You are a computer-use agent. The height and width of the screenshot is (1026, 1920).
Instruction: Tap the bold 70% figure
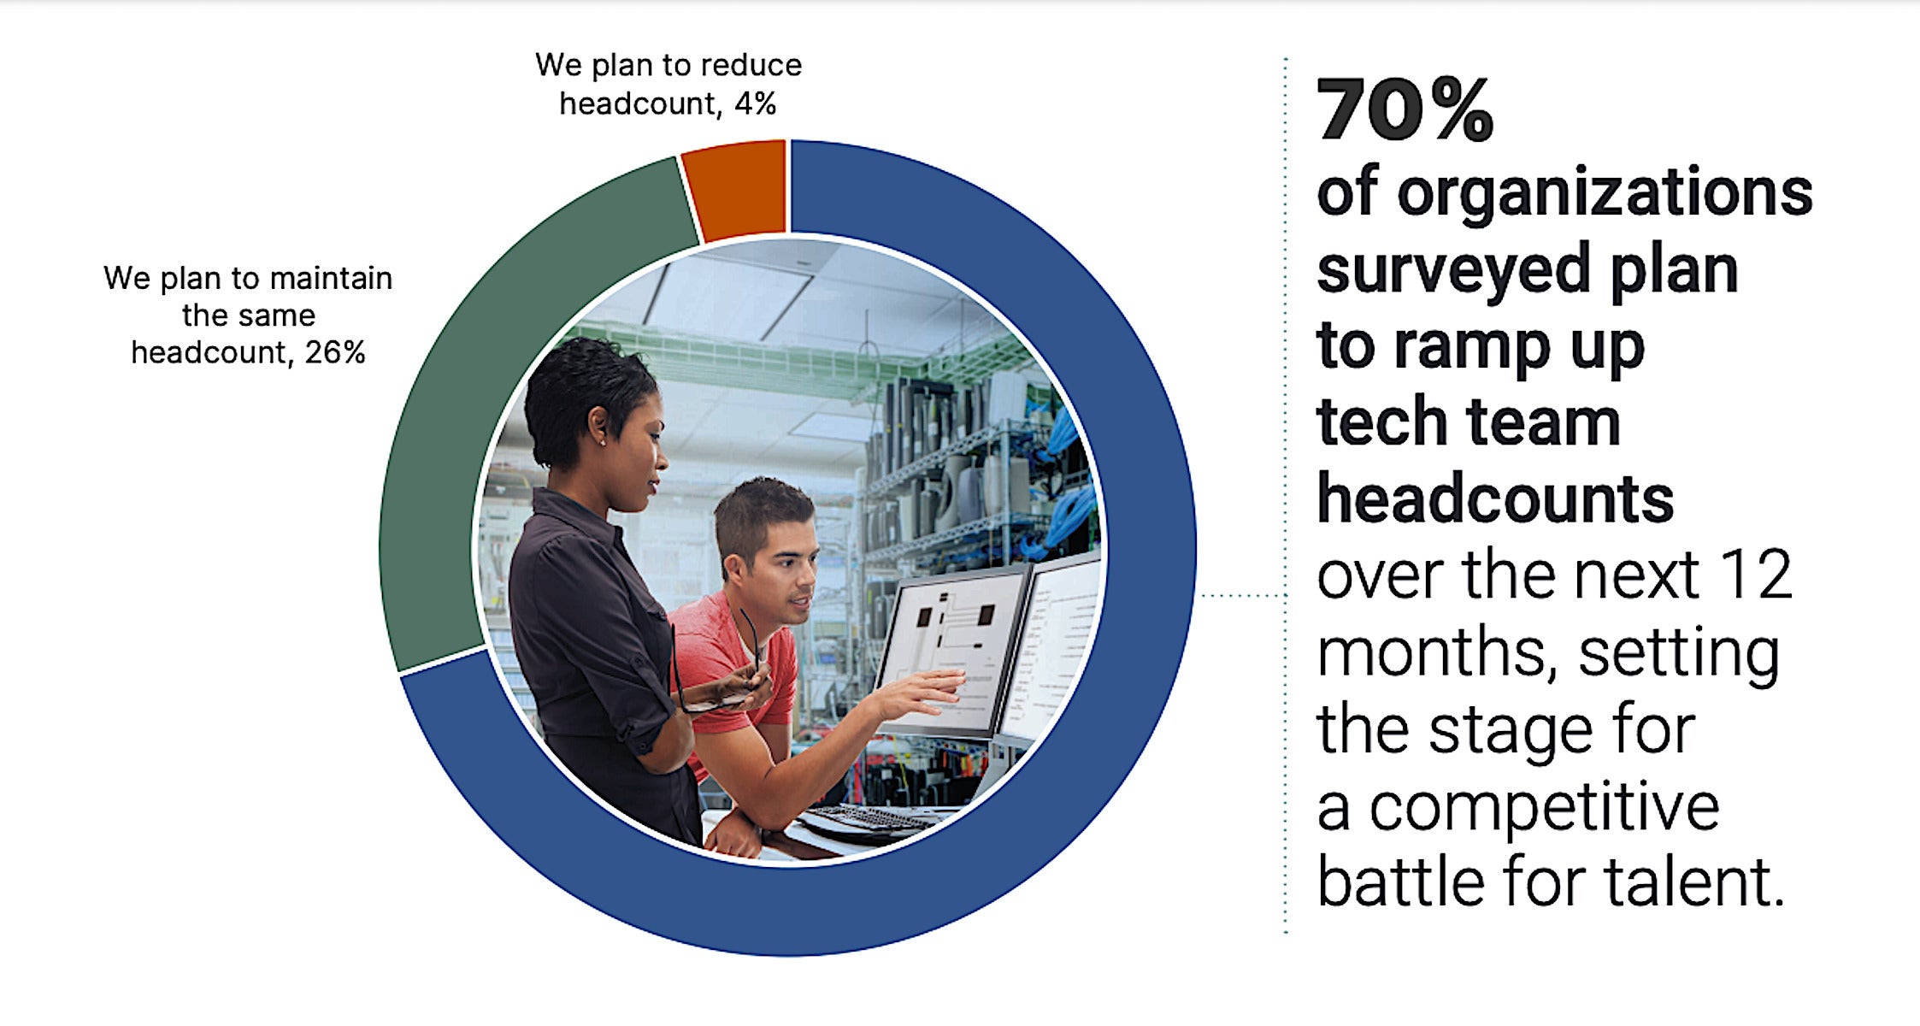coord(1405,109)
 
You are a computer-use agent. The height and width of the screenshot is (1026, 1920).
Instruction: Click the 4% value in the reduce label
coord(755,104)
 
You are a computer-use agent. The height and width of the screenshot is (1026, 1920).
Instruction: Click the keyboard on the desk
coord(863,821)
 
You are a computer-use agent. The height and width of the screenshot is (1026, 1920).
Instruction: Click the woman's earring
coord(604,442)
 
